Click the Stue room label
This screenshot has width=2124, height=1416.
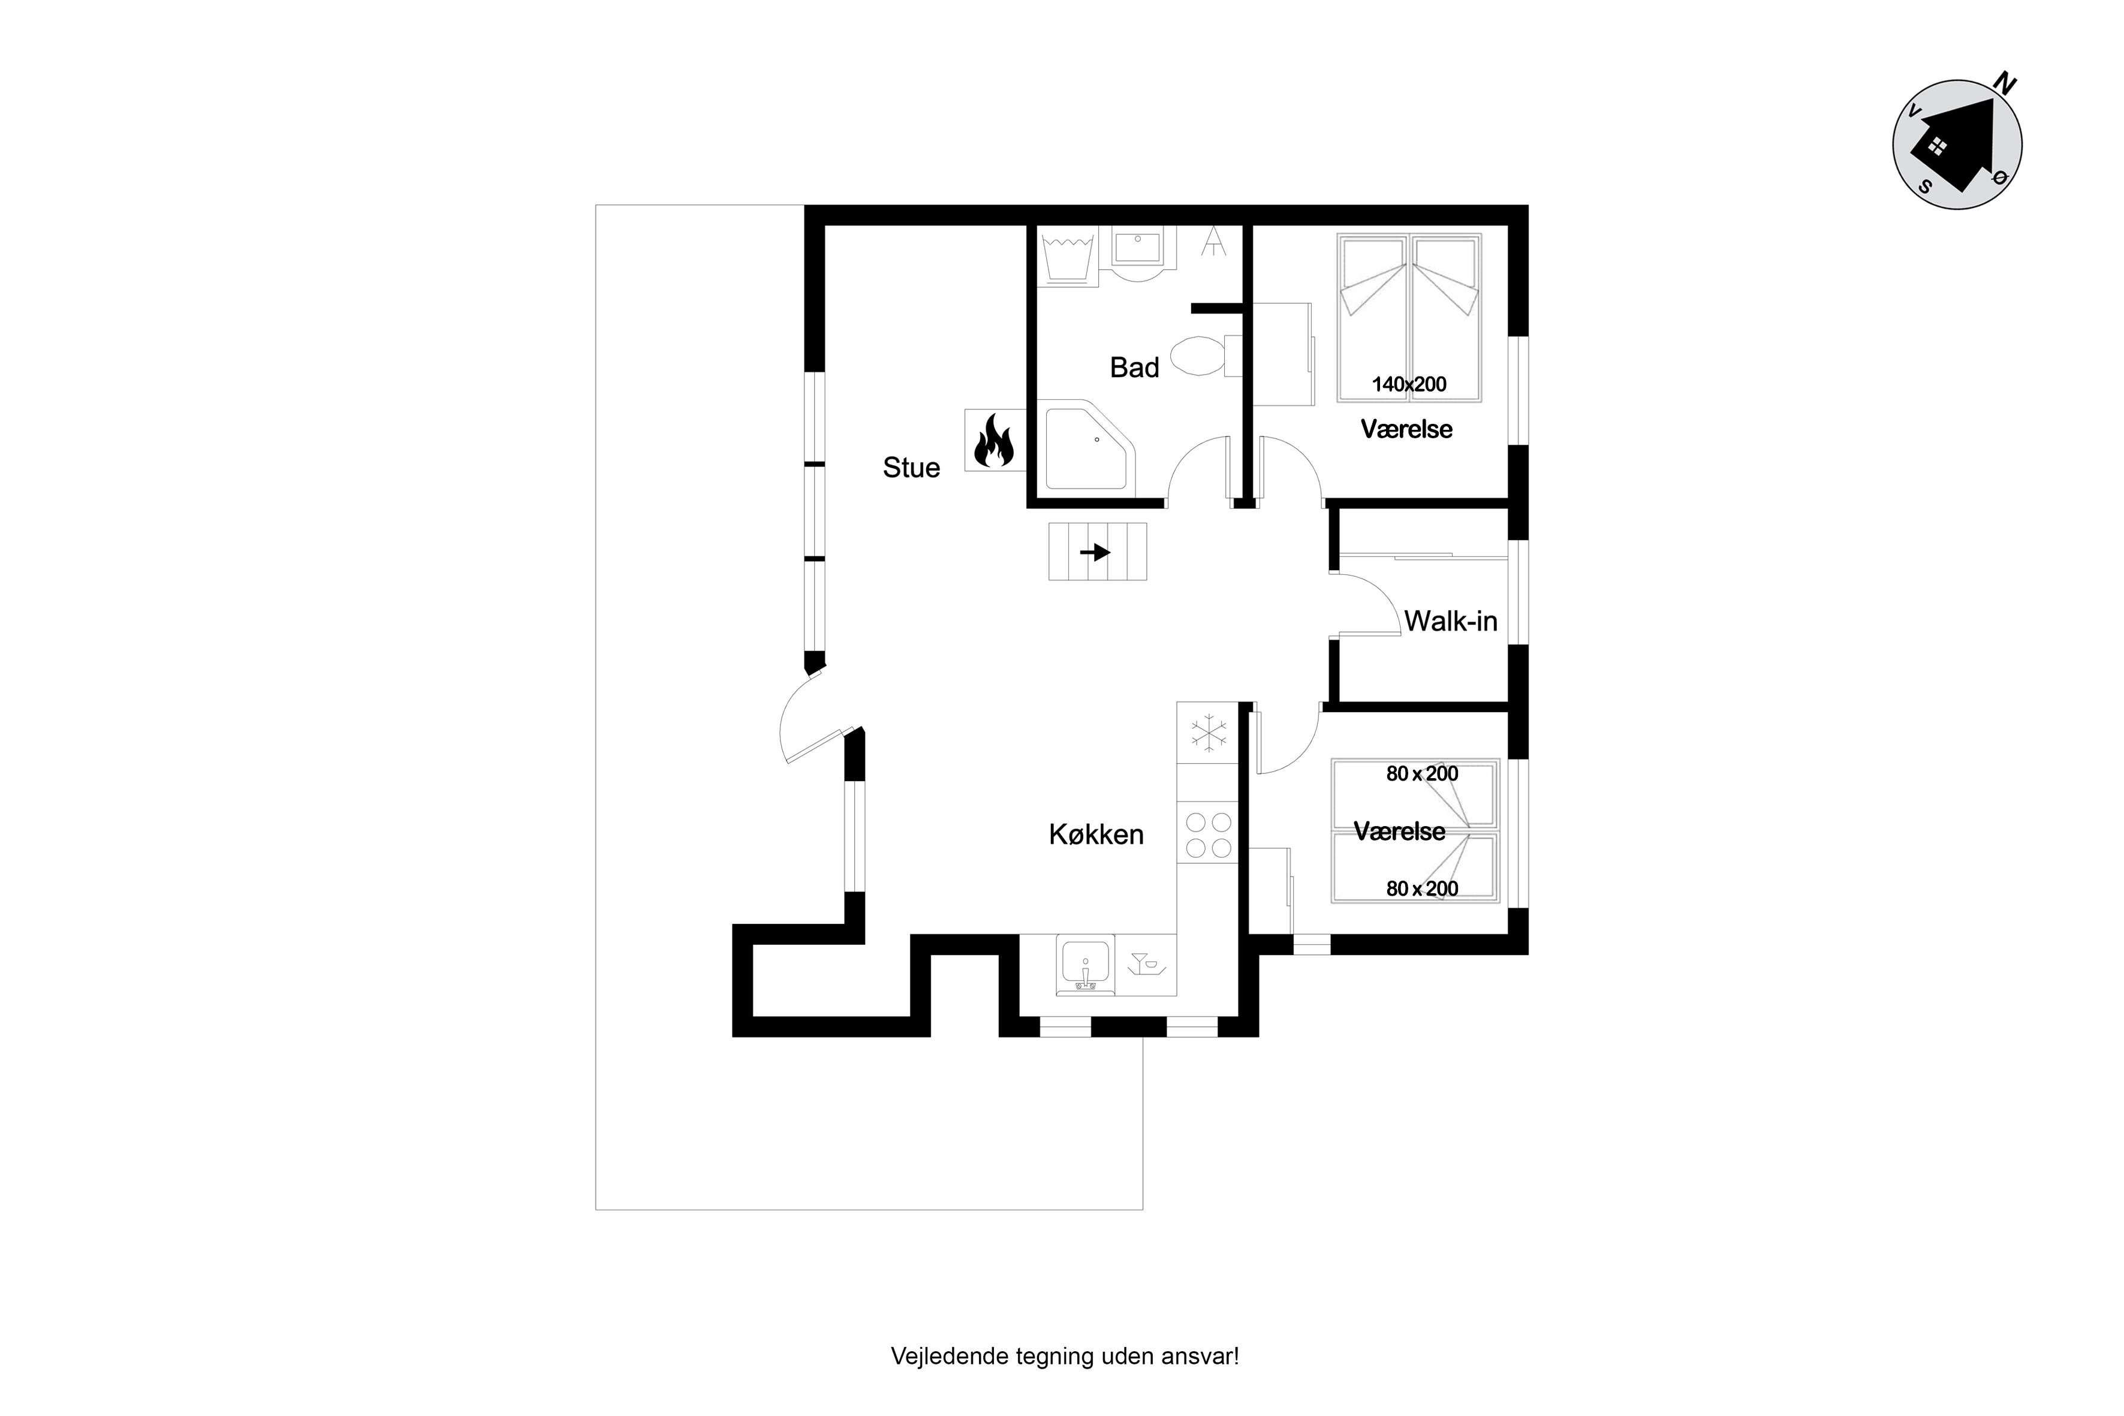tap(911, 468)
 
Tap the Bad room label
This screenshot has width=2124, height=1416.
tap(1134, 367)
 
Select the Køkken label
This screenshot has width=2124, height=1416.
tap(1096, 834)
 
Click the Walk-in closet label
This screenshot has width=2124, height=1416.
tap(1450, 621)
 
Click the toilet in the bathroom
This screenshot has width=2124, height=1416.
tap(1205, 356)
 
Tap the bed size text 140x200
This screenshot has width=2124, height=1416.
tap(1409, 385)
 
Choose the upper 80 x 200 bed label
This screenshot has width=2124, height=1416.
tap(1423, 774)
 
